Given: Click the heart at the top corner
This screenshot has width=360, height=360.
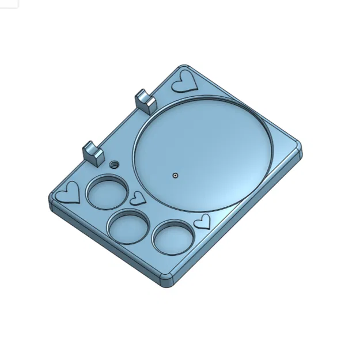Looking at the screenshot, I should (185, 81).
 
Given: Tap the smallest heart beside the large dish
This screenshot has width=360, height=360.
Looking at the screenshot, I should (138, 198).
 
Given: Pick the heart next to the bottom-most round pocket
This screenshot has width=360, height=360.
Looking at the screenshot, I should (202, 221).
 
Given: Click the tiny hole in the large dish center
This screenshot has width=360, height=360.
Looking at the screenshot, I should (175, 174).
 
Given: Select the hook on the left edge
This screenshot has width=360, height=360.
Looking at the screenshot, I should (92, 152).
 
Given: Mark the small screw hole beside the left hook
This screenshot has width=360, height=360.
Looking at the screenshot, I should (113, 165).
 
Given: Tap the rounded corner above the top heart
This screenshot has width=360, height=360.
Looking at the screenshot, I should (183, 67).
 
